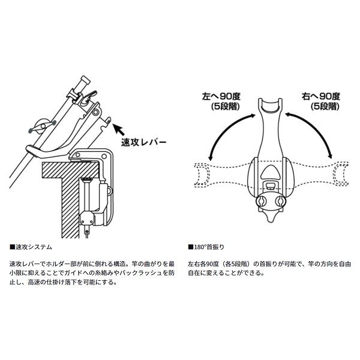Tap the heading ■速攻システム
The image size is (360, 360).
click(32, 247)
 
